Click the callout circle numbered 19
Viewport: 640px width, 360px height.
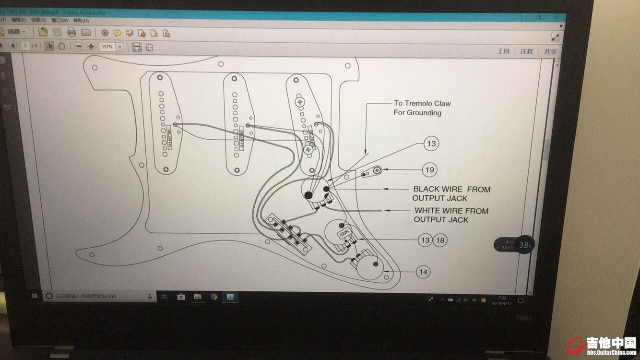point(430,169)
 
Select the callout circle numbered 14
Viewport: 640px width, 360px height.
point(423,272)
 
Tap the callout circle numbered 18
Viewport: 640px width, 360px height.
point(440,240)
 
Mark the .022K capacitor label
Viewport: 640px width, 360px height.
point(344,234)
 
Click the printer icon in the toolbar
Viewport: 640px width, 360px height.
point(71,32)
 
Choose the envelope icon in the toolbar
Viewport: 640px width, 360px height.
point(86,32)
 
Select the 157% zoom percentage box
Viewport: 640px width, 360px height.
point(107,47)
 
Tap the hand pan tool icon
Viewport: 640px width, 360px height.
point(61,46)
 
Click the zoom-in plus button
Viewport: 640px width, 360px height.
point(91,47)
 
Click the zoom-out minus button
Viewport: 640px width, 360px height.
point(78,46)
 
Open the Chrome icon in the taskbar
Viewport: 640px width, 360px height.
point(213,297)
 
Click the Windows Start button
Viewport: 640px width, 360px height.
point(35,296)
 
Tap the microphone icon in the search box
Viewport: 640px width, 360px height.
point(150,297)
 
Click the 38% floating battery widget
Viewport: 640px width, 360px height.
point(526,245)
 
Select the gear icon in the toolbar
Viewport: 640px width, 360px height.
point(105,33)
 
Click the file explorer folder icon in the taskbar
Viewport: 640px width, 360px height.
point(197,297)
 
